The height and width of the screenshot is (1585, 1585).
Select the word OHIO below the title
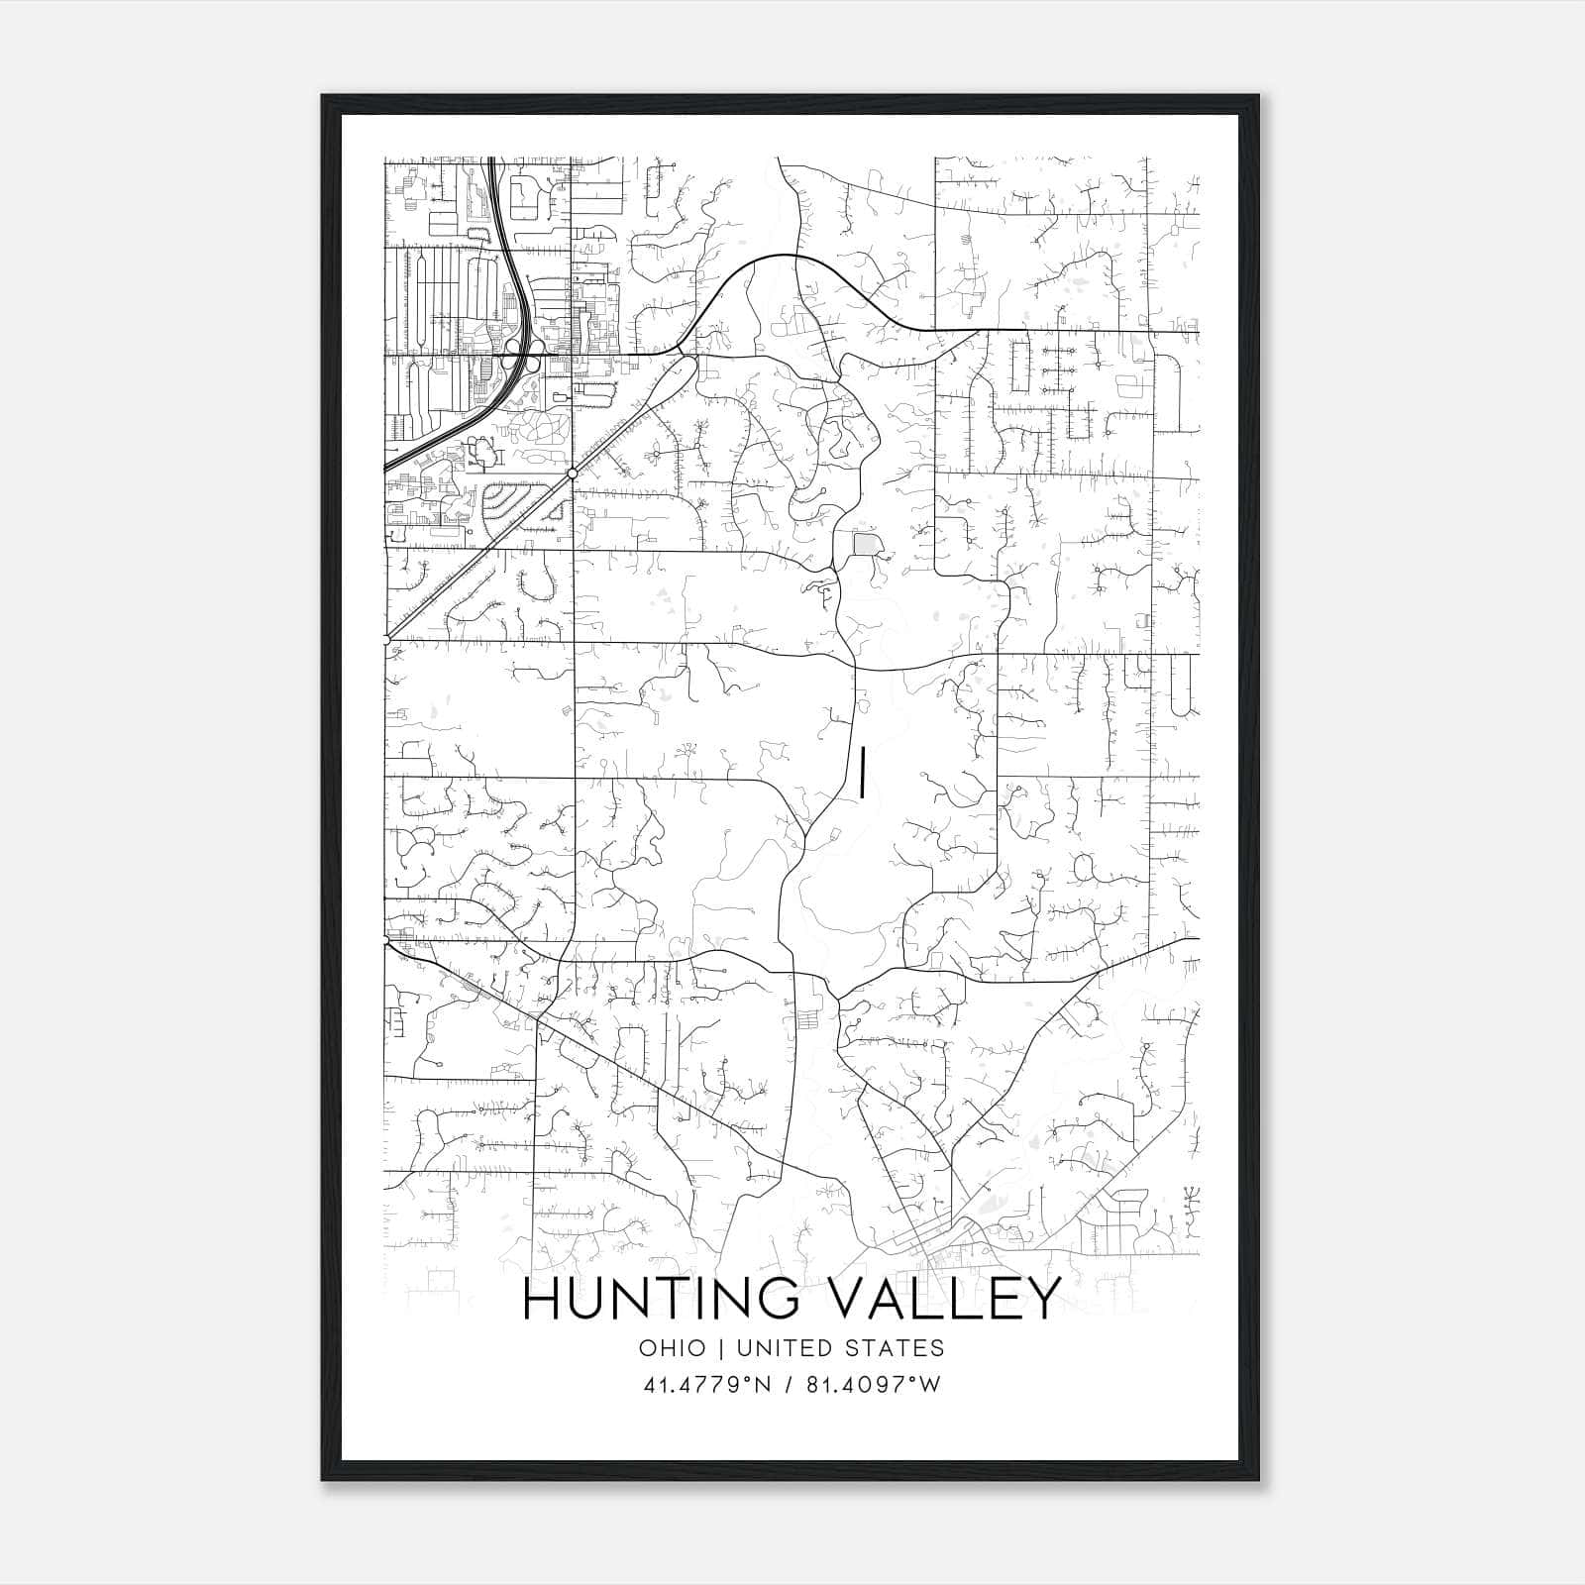(673, 1348)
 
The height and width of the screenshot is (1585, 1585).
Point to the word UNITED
(786, 1348)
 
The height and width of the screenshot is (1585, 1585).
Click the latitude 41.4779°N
(706, 1385)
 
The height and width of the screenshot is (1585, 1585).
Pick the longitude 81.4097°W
(870, 1385)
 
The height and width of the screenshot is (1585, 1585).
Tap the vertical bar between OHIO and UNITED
(720, 1348)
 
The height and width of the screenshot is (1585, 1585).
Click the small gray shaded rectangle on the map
(867, 545)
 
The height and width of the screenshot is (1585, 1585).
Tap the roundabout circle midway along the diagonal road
(573, 474)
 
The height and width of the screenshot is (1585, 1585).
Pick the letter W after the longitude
(929, 1385)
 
